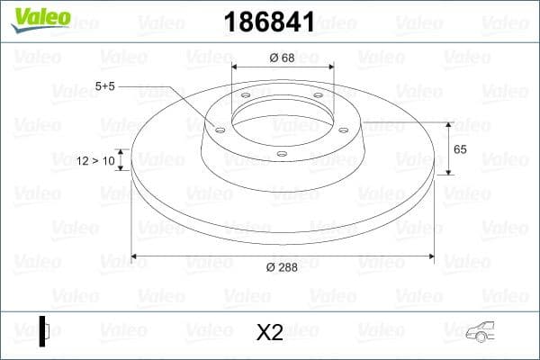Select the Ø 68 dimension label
(x=283, y=58)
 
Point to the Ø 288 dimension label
(x=283, y=268)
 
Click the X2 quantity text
(x=270, y=332)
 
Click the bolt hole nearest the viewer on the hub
(x=282, y=154)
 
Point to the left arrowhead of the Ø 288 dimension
(x=135, y=257)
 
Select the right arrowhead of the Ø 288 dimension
(x=431, y=257)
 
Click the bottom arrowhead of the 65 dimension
(x=447, y=171)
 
